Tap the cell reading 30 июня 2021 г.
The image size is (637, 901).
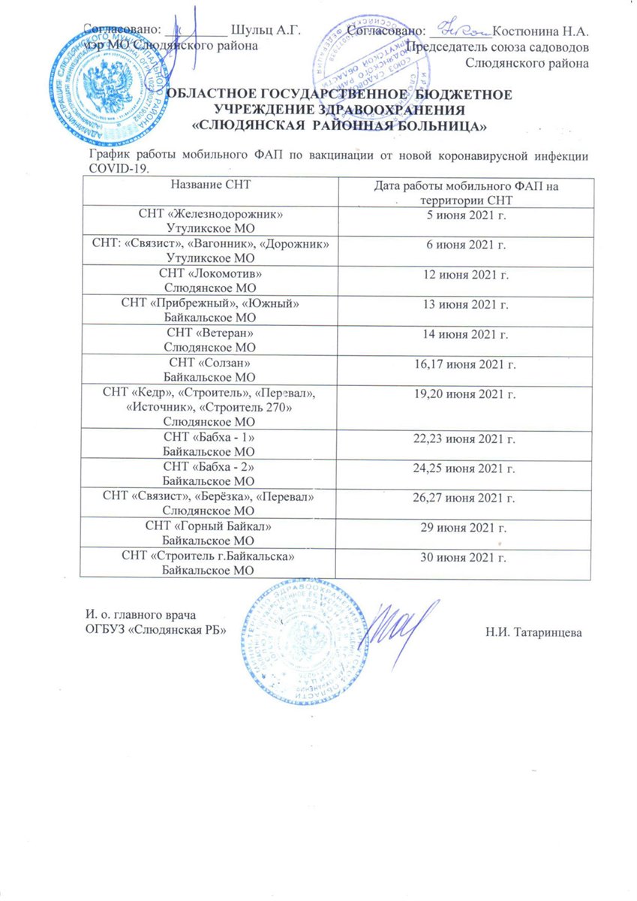coord(462,558)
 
